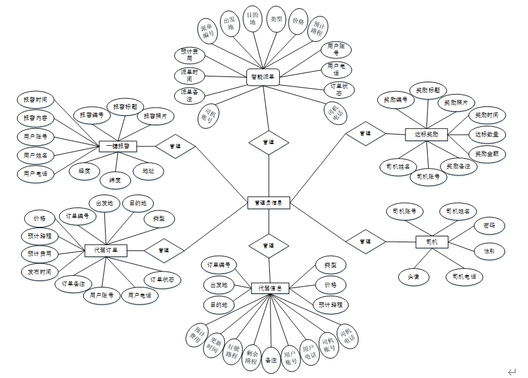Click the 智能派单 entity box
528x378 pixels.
tap(262, 76)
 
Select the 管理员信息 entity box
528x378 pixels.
tap(268, 203)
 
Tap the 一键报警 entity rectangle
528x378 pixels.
tap(118, 145)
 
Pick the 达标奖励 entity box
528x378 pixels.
tap(427, 135)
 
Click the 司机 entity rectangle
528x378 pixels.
tap(432, 242)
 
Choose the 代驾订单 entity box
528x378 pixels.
tap(106, 250)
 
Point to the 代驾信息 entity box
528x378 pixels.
tap(270, 289)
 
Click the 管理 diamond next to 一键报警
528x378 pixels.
tap(175, 145)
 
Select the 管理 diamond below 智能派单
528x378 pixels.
tap(268, 142)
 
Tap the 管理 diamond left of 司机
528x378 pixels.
tap(365, 242)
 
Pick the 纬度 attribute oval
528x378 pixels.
tap(115, 180)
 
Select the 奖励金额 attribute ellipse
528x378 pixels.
tap(487, 154)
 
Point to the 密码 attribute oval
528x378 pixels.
tap(489, 225)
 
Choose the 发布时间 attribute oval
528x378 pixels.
tap(39, 272)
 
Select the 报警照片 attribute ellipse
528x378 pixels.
tap(155, 116)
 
